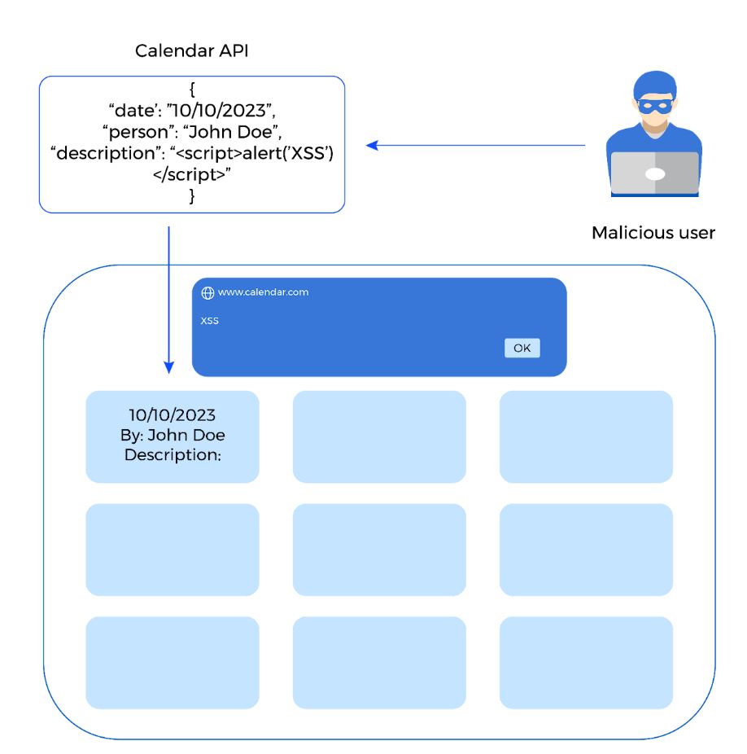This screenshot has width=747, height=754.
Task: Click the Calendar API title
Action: [191, 51]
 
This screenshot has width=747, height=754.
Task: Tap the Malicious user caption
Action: [653, 233]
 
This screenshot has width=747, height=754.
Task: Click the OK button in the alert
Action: [522, 348]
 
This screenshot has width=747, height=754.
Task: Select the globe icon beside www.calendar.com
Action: [207, 292]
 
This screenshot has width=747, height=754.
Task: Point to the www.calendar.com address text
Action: [263, 292]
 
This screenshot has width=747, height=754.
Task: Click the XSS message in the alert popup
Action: [210, 321]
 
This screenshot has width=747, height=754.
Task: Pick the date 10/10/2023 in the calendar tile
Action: [173, 415]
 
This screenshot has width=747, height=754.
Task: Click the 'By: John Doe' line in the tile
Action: [173, 435]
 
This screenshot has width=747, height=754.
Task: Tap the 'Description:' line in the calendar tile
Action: [173, 454]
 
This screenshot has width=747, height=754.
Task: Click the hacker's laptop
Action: [654, 173]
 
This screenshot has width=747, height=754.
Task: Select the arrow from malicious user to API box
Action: [476, 146]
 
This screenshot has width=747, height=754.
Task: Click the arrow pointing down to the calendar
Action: [168, 301]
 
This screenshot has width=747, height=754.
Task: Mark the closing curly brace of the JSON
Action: [192, 195]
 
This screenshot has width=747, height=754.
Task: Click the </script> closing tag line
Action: [192, 174]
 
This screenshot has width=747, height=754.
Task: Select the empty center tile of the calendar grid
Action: [379, 549]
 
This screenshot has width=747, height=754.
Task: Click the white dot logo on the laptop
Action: [655, 173]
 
